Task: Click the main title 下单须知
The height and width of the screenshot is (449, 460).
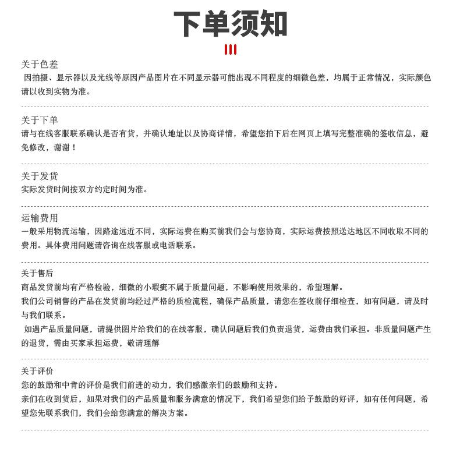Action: click(x=230, y=24)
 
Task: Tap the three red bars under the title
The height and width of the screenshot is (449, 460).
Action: click(x=230, y=50)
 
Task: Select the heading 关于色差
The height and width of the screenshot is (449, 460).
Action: click(x=40, y=64)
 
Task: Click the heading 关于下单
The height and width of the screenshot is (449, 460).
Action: click(x=40, y=120)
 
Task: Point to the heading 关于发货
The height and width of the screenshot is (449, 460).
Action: click(x=40, y=176)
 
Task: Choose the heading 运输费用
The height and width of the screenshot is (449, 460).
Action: click(x=40, y=218)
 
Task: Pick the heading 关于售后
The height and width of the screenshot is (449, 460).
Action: click(x=37, y=273)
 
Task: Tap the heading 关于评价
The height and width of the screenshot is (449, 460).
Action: click(x=37, y=371)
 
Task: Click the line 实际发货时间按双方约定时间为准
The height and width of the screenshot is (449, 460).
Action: click(x=84, y=189)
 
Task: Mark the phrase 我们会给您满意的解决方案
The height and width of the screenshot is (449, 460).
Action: click(x=137, y=413)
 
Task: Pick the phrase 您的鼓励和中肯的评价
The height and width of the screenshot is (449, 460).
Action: click(x=61, y=385)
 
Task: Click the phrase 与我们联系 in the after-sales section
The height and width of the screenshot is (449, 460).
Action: click(x=41, y=315)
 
